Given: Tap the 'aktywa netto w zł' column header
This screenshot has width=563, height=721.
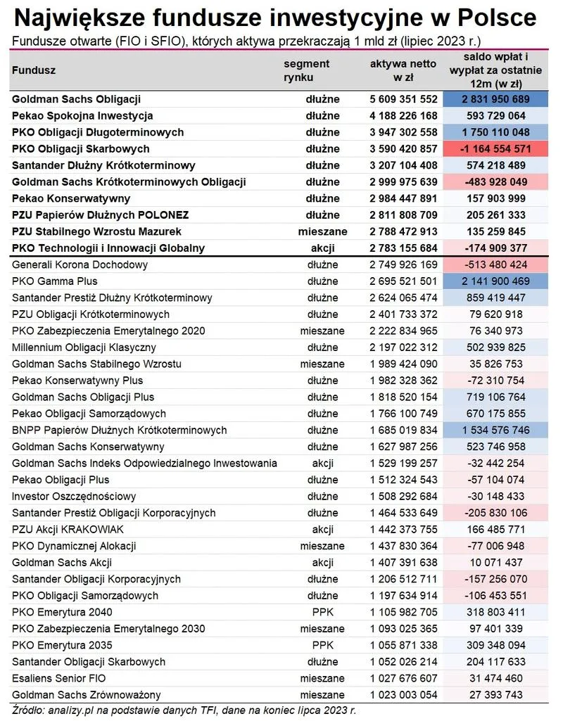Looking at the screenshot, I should click(x=403, y=70).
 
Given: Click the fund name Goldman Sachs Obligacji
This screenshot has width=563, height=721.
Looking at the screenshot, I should click(x=77, y=99).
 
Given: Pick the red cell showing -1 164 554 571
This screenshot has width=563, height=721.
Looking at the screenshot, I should click(x=495, y=149).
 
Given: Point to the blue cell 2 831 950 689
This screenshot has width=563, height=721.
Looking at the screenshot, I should click(x=495, y=99).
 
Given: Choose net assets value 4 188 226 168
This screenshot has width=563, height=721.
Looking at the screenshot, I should click(x=403, y=116).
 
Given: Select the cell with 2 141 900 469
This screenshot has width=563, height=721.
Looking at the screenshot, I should click(x=495, y=281).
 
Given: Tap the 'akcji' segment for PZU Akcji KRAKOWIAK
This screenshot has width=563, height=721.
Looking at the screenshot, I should click(x=322, y=530).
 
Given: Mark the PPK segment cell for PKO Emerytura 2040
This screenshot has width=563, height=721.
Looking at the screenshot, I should click(x=322, y=612).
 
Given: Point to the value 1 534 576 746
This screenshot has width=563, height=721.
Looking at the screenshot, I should click(x=495, y=430).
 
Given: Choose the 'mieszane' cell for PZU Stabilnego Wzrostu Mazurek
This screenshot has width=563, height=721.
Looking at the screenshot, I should click(x=322, y=231).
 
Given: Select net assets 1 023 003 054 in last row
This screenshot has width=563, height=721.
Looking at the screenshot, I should click(x=403, y=695).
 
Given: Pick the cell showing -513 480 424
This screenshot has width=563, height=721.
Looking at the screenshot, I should click(x=495, y=265).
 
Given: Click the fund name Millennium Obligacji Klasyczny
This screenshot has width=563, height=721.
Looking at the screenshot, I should click(x=84, y=347).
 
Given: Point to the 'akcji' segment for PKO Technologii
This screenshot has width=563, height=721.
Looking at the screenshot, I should click(x=322, y=248).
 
